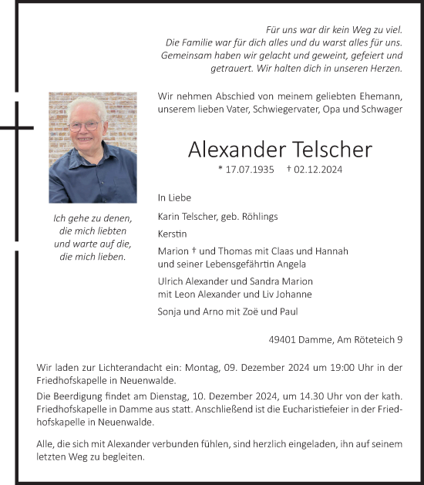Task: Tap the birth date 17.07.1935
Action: coord(251,169)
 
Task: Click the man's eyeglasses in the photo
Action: coord(84,124)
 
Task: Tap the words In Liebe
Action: coord(174,197)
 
